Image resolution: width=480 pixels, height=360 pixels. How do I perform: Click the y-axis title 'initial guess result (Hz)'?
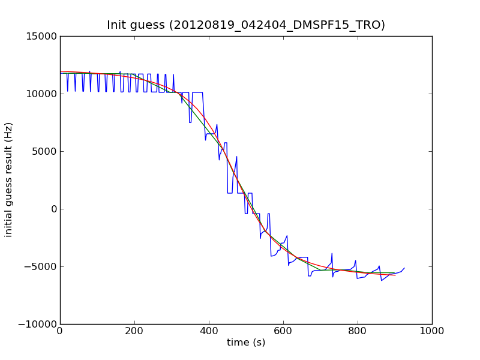coord(9,179)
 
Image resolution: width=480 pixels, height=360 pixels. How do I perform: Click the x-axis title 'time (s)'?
coord(246,343)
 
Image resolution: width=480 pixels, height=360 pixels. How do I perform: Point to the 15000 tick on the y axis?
coord(42,36)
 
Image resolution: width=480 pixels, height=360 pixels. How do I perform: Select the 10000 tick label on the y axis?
coord(42,94)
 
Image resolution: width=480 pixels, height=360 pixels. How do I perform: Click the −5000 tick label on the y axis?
coord(42,266)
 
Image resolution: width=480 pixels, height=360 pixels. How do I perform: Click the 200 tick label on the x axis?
coord(134,330)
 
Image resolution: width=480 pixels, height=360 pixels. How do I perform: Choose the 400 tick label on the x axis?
coord(209,330)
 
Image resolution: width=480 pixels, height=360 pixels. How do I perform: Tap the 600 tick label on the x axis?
coord(283,330)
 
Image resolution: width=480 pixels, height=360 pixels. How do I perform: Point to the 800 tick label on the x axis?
coord(358,330)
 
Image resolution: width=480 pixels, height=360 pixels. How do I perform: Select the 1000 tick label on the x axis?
coord(432,330)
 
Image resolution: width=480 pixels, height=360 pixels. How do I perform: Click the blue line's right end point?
coord(404,268)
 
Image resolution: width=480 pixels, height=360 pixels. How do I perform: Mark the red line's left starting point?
coord(60,71)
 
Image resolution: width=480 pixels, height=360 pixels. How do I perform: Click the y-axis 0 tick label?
coord(53,209)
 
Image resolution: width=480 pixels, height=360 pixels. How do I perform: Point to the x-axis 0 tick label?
coord(60,330)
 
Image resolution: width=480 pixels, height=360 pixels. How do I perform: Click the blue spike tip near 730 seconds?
coord(332,253)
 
